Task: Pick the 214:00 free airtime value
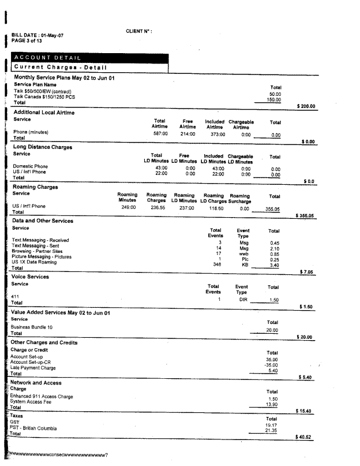coord(187,133)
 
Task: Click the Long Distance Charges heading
coord(43,147)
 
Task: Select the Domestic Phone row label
coord(30,167)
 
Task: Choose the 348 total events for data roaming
coord(217,264)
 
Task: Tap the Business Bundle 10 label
coord(33,327)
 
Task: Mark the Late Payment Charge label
coord(33,368)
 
